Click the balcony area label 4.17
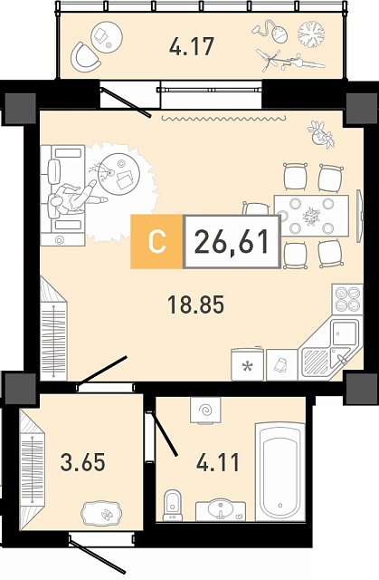[x=192, y=47]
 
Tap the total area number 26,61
[x=232, y=241]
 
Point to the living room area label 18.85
[x=196, y=305]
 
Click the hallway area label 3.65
[x=83, y=462]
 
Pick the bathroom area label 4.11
[x=218, y=462]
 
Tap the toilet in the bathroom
[x=173, y=505]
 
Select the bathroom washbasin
[x=221, y=511]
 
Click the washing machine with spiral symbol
[x=205, y=411]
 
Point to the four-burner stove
[x=347, y=298]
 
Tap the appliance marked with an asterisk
[x=247, y=364]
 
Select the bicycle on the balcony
[x=290, y=61]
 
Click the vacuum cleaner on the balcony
[x=270, y=33]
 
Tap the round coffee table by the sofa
[x=120, y=173]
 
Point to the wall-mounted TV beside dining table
[x=359, y=216]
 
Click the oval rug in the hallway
[x=101, y=512]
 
